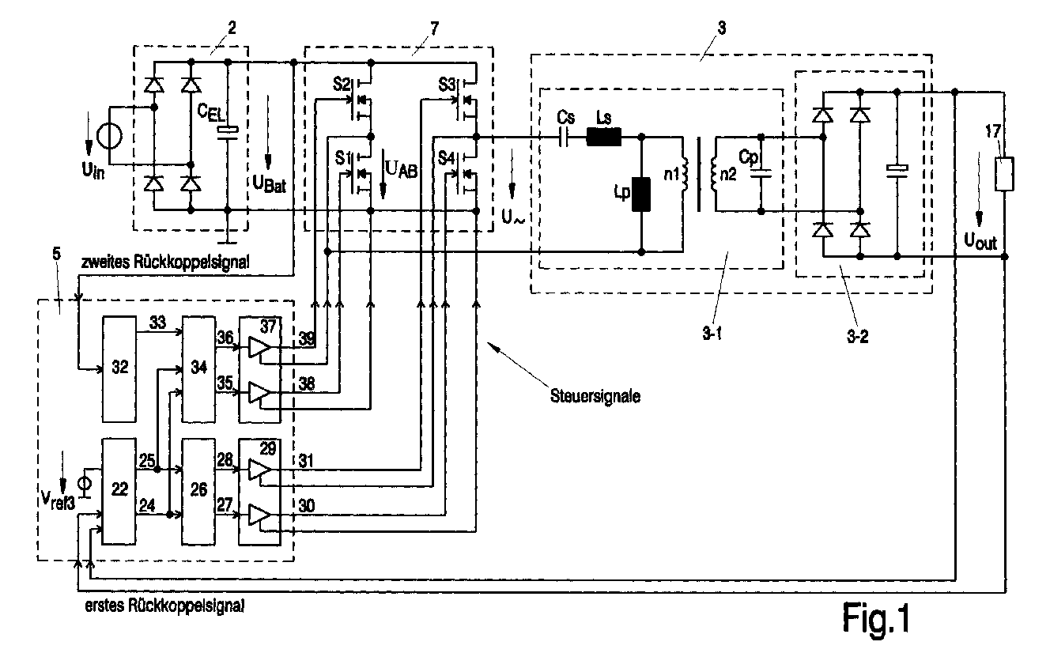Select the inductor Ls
604,138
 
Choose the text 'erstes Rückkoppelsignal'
164,607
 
